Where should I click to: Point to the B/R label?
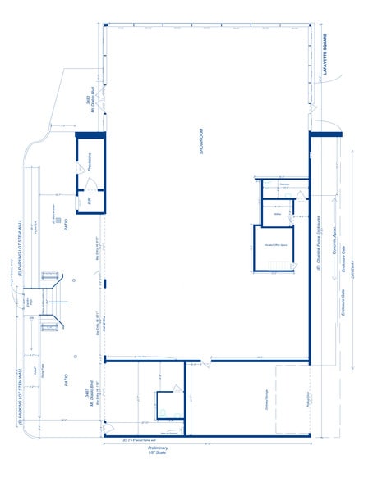(89, 200)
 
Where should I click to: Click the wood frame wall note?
(140, 441)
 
